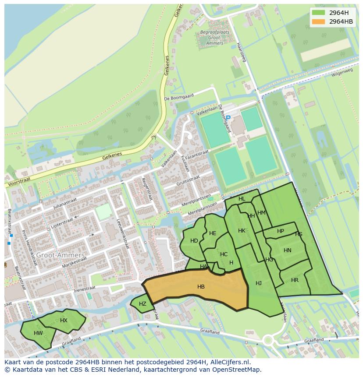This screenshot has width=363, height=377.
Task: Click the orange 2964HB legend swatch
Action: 319,21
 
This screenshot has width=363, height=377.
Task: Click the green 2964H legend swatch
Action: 319,12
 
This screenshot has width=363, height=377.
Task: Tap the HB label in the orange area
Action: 201,287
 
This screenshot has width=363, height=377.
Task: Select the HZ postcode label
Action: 142,303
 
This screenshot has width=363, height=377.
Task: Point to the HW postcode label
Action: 38,333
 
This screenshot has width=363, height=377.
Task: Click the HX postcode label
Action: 64,320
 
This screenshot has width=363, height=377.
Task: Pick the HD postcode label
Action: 194,240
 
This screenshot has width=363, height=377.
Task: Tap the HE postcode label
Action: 213,233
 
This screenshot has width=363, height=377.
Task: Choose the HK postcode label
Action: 242,230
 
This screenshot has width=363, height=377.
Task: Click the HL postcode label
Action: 242,198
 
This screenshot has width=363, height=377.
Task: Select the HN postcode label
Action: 287,250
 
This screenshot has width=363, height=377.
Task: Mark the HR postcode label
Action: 295,280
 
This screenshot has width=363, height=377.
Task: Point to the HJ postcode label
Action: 259,283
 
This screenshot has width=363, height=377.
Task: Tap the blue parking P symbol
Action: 228,117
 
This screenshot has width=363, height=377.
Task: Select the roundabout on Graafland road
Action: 268,340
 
